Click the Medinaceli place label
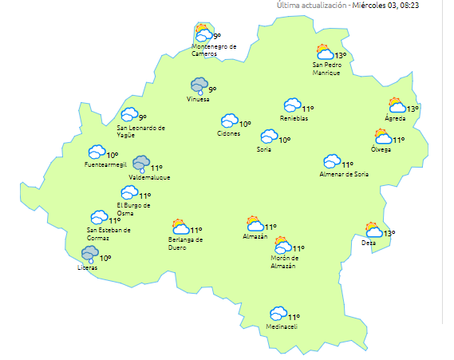click(282, 326)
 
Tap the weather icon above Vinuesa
click(199, 85)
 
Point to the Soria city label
click(264, 149)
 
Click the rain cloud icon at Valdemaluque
click(141, 164)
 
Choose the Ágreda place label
click(395, 119)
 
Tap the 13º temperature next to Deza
click(389, 234)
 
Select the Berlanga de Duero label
click(186, 243)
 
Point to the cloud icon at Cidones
click(230, 121)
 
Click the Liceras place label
click(88, 267)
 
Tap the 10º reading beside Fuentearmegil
click(113, 155)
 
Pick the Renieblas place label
click(294, 118)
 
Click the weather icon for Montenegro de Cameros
click(203, 33)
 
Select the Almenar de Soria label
click(344, 173)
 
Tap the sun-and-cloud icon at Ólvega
click(383, 137)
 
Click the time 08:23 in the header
click(432, 6)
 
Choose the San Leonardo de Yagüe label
click(141, 130)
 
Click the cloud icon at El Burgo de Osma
click(128, 192)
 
